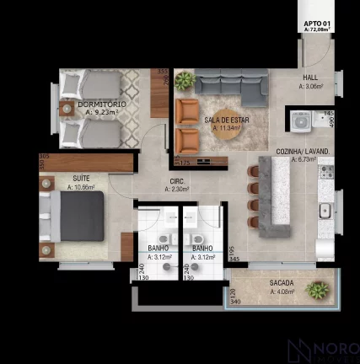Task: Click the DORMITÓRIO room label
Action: coord(94,104)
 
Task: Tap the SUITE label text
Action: coord(82,179)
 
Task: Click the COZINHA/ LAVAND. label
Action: coord(302,151)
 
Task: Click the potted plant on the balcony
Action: coord(318,290)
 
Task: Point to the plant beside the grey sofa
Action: coord(184,80)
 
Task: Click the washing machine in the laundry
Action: coord(299,120)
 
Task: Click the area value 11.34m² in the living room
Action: coord(223,130)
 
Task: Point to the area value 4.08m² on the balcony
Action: coord(282,292)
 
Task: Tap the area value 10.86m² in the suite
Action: coord(82,188)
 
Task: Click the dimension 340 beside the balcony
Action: coord(235,301)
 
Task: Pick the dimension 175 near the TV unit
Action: coord(185,161)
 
